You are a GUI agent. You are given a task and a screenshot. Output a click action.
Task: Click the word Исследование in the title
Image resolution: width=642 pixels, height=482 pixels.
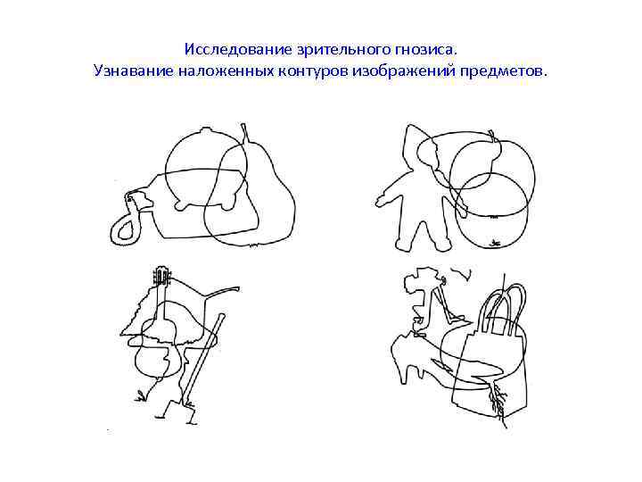237,50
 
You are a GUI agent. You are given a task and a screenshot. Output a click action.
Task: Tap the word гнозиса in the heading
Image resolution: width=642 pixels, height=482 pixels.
425,50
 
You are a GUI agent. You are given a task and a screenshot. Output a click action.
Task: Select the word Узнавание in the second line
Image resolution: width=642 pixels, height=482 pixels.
134,71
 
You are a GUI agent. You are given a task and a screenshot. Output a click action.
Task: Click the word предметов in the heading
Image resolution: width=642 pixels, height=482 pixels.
501,71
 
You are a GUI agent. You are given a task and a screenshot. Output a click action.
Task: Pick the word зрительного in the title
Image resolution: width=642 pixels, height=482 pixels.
342,50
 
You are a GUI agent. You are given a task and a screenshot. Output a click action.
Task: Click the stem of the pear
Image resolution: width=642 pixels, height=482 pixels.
244,133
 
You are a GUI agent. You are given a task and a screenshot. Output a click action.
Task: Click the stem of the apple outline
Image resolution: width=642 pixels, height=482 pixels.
492,135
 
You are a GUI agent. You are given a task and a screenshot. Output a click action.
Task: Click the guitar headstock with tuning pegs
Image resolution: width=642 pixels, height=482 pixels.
161,276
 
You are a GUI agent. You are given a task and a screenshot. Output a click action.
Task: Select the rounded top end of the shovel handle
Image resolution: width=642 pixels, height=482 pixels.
221,317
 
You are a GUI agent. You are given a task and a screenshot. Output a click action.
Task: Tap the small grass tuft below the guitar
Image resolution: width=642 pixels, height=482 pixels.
141,396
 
